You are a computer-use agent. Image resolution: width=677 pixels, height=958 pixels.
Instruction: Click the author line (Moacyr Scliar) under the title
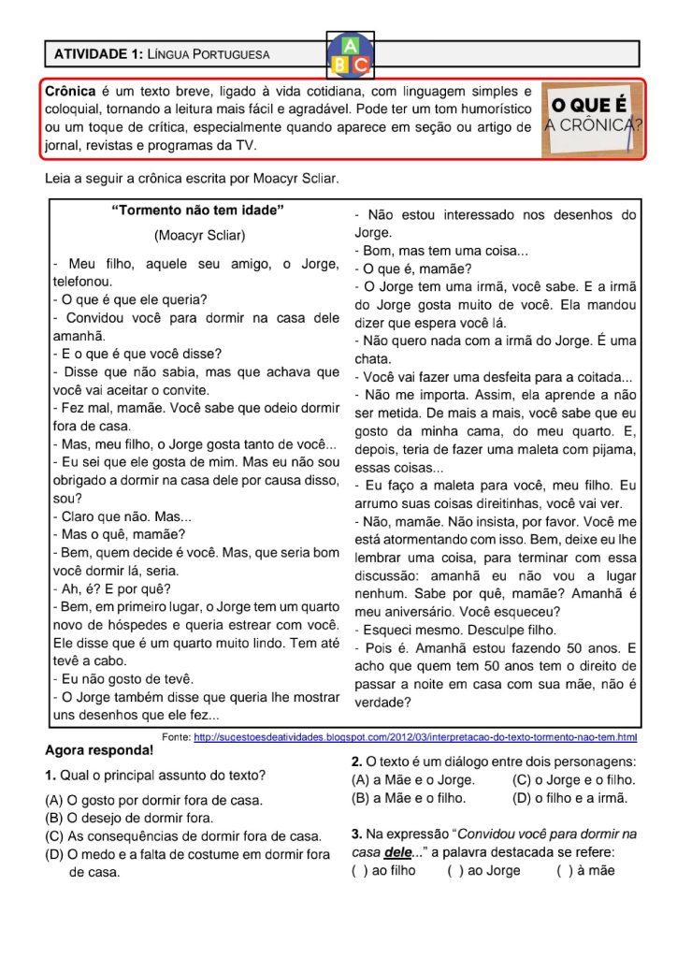click(x=199, y=235)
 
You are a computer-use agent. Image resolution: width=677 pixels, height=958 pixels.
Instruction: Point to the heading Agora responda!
click(x=99, y=750)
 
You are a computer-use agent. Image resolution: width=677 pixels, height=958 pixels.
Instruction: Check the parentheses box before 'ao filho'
click(x=359, y=870)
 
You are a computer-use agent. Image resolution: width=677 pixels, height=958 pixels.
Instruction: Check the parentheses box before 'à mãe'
click(x=564, y=870)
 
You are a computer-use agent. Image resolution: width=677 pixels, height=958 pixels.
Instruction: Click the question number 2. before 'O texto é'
click(x=356, y=762)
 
